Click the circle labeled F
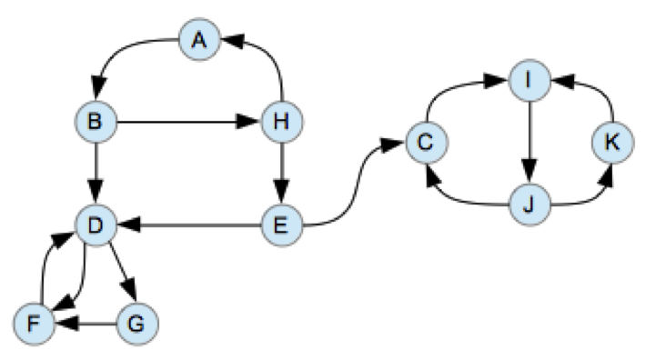(x=33, y=321)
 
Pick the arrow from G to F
(x=86, y=321)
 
